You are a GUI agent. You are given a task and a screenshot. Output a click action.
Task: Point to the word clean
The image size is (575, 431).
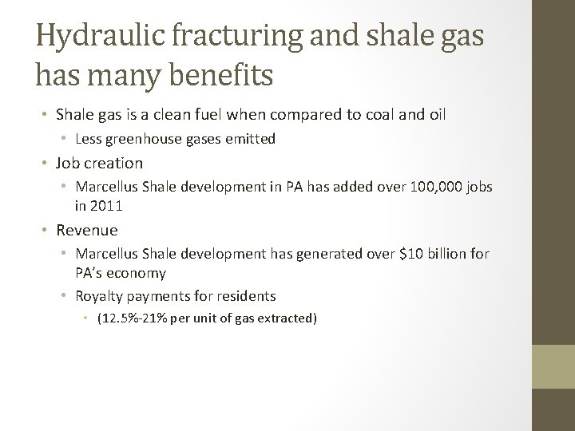coord(196,114)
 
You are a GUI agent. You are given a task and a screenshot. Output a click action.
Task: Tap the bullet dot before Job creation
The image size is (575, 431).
coord(46,164)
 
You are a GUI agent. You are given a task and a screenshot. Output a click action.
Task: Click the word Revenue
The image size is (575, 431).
coord(86,230)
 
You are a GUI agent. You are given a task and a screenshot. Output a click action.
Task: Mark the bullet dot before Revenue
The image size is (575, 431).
coord(46,230)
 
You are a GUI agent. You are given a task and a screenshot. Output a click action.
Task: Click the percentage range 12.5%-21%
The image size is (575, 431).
coord(129,318)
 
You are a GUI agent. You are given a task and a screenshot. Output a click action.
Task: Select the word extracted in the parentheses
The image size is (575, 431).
coord(288,318)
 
